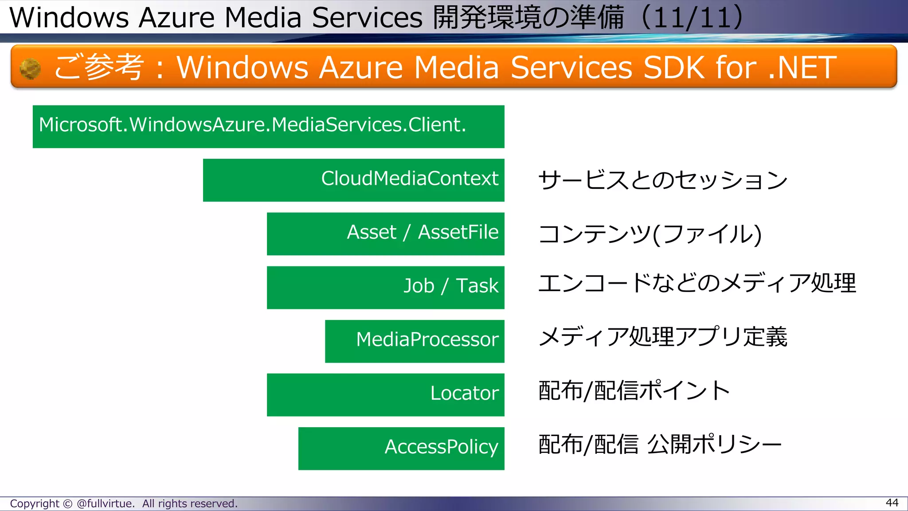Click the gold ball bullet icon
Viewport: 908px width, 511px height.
pos(30,69)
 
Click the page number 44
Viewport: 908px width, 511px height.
pos(892,503)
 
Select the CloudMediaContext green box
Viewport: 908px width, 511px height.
pos(353,180)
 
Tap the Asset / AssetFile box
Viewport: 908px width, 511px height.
pos(385,234)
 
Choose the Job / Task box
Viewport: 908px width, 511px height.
pos(385,287)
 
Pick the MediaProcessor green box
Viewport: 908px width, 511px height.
pos(414,341)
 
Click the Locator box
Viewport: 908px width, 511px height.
pos(385,394)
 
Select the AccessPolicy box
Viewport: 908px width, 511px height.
pos(401,448)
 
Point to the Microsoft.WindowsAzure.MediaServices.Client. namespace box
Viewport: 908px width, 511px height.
pos(268,126)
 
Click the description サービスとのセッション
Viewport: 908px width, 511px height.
pos(662,180)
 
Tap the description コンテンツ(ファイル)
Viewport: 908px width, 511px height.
pos(650,234)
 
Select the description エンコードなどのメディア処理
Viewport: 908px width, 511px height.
pos(697,283)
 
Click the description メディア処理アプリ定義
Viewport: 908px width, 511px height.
pos(662,337)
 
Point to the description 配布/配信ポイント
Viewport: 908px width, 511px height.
pos(634,391)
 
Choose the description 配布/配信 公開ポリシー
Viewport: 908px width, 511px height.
pos(660,445)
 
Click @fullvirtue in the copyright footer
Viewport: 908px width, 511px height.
pos(105,503)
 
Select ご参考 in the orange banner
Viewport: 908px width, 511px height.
pos(98,67)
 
